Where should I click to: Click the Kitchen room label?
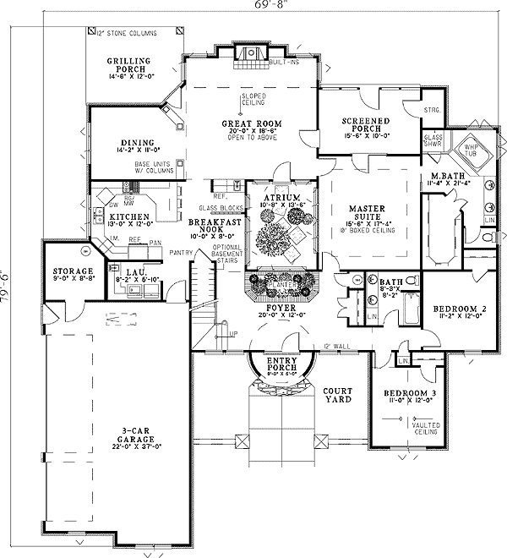[128, 218]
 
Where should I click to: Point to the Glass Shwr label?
[433, 139]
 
